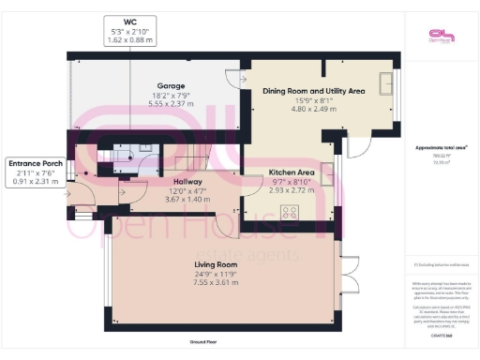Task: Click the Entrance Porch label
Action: (x=35, y=162)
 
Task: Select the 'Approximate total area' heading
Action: (x=441, y=148)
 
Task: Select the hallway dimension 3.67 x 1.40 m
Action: (x=190, y=200)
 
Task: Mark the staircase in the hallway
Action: (x=184, y=153)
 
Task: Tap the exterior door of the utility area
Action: (x=358, y=148)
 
